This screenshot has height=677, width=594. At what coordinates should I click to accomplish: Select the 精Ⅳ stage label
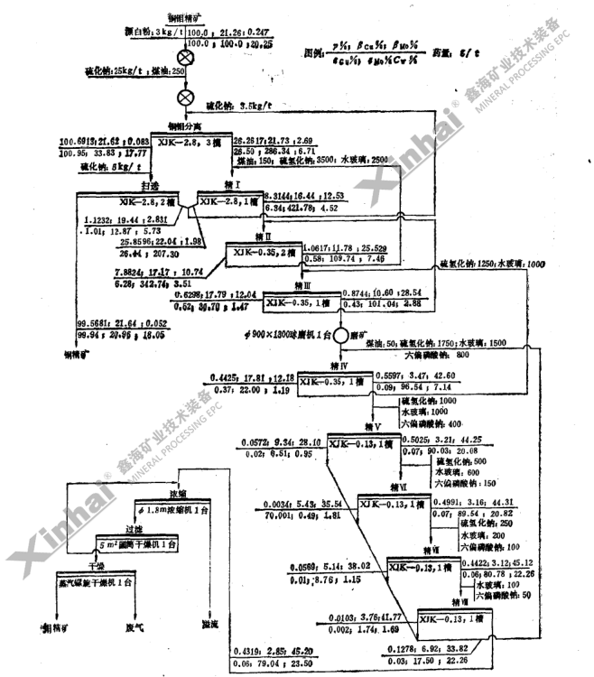pyautogui.click(x=339, y=365)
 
